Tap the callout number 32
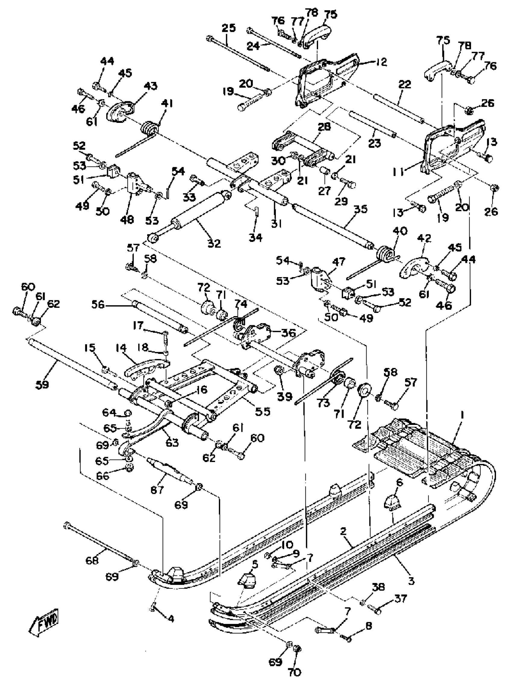(x=214, y=243)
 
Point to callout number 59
(x=42, y=385)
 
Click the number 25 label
(x=229, y=28)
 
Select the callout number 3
(x=411, y=581)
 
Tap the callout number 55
(x=263, y=411)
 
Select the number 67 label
(x=157, y=490)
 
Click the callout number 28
(x=324, y=126)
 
